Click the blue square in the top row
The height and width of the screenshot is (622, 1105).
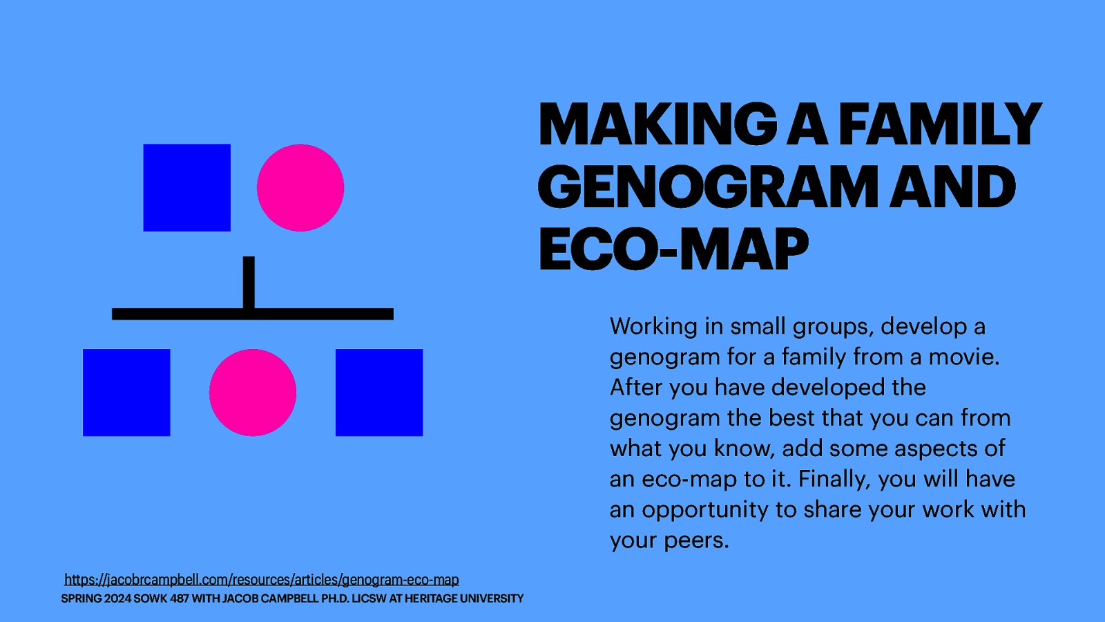186,187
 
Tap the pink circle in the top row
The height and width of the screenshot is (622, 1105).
300,187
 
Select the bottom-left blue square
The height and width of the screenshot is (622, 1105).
126,393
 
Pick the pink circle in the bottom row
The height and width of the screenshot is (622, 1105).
253,393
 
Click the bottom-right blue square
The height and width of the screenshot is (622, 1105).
379,393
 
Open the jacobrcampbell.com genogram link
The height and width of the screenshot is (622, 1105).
262,579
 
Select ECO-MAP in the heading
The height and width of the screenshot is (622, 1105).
673,249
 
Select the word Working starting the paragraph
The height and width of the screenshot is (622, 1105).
653,326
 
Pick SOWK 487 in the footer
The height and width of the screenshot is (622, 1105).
161,599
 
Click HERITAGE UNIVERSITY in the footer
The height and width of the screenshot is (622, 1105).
464,599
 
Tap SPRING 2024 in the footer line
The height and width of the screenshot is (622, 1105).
95,599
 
